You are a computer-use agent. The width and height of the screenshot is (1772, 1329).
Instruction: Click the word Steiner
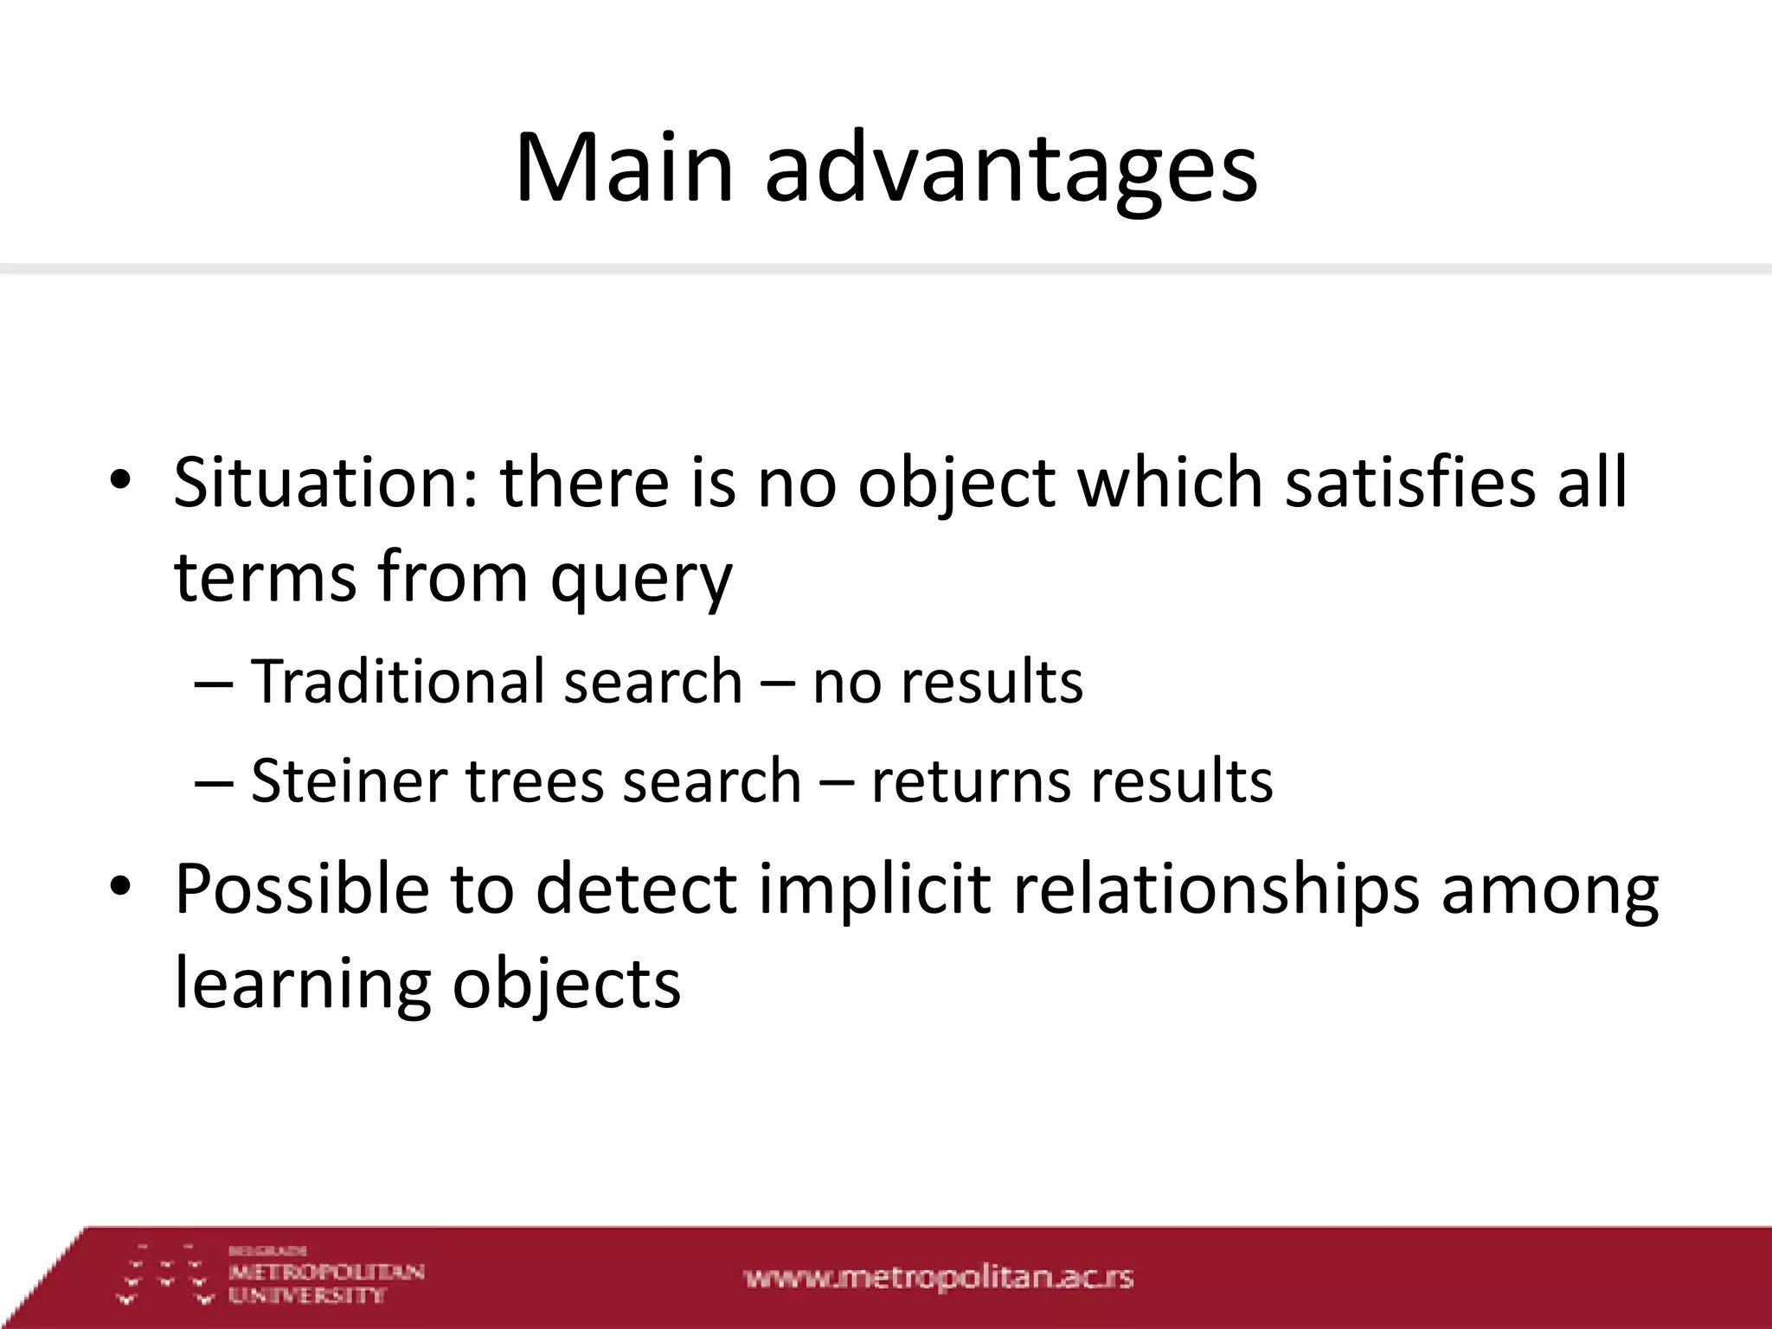point(349,781)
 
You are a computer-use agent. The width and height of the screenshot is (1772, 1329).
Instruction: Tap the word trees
point(534,781)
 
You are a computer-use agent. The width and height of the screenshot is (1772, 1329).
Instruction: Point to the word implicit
point(874,889)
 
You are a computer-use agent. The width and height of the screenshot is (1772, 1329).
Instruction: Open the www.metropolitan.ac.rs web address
point(938,1277)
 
